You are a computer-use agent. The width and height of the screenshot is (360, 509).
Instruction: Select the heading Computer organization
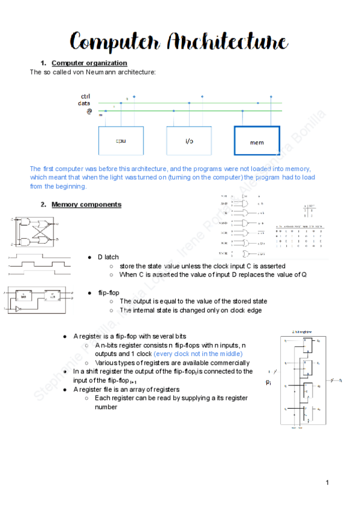tap(89, 63)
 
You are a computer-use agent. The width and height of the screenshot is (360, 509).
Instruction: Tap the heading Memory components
tap(86, 205)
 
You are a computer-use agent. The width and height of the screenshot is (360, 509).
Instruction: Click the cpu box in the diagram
tap(121, 141)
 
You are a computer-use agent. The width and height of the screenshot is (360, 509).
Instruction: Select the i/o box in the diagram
tap(189, 141)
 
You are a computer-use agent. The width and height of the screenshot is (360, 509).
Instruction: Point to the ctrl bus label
tap(85, 97)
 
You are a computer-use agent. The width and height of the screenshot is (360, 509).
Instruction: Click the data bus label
tap(84, 103)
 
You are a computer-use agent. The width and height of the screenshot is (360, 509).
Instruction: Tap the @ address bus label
tap(89, 111)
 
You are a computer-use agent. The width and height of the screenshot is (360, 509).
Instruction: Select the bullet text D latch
tap(108, 257)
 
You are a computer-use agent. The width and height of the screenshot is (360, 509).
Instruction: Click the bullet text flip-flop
tap(109, 292)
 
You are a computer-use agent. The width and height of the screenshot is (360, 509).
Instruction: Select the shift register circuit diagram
tap(304, 381)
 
